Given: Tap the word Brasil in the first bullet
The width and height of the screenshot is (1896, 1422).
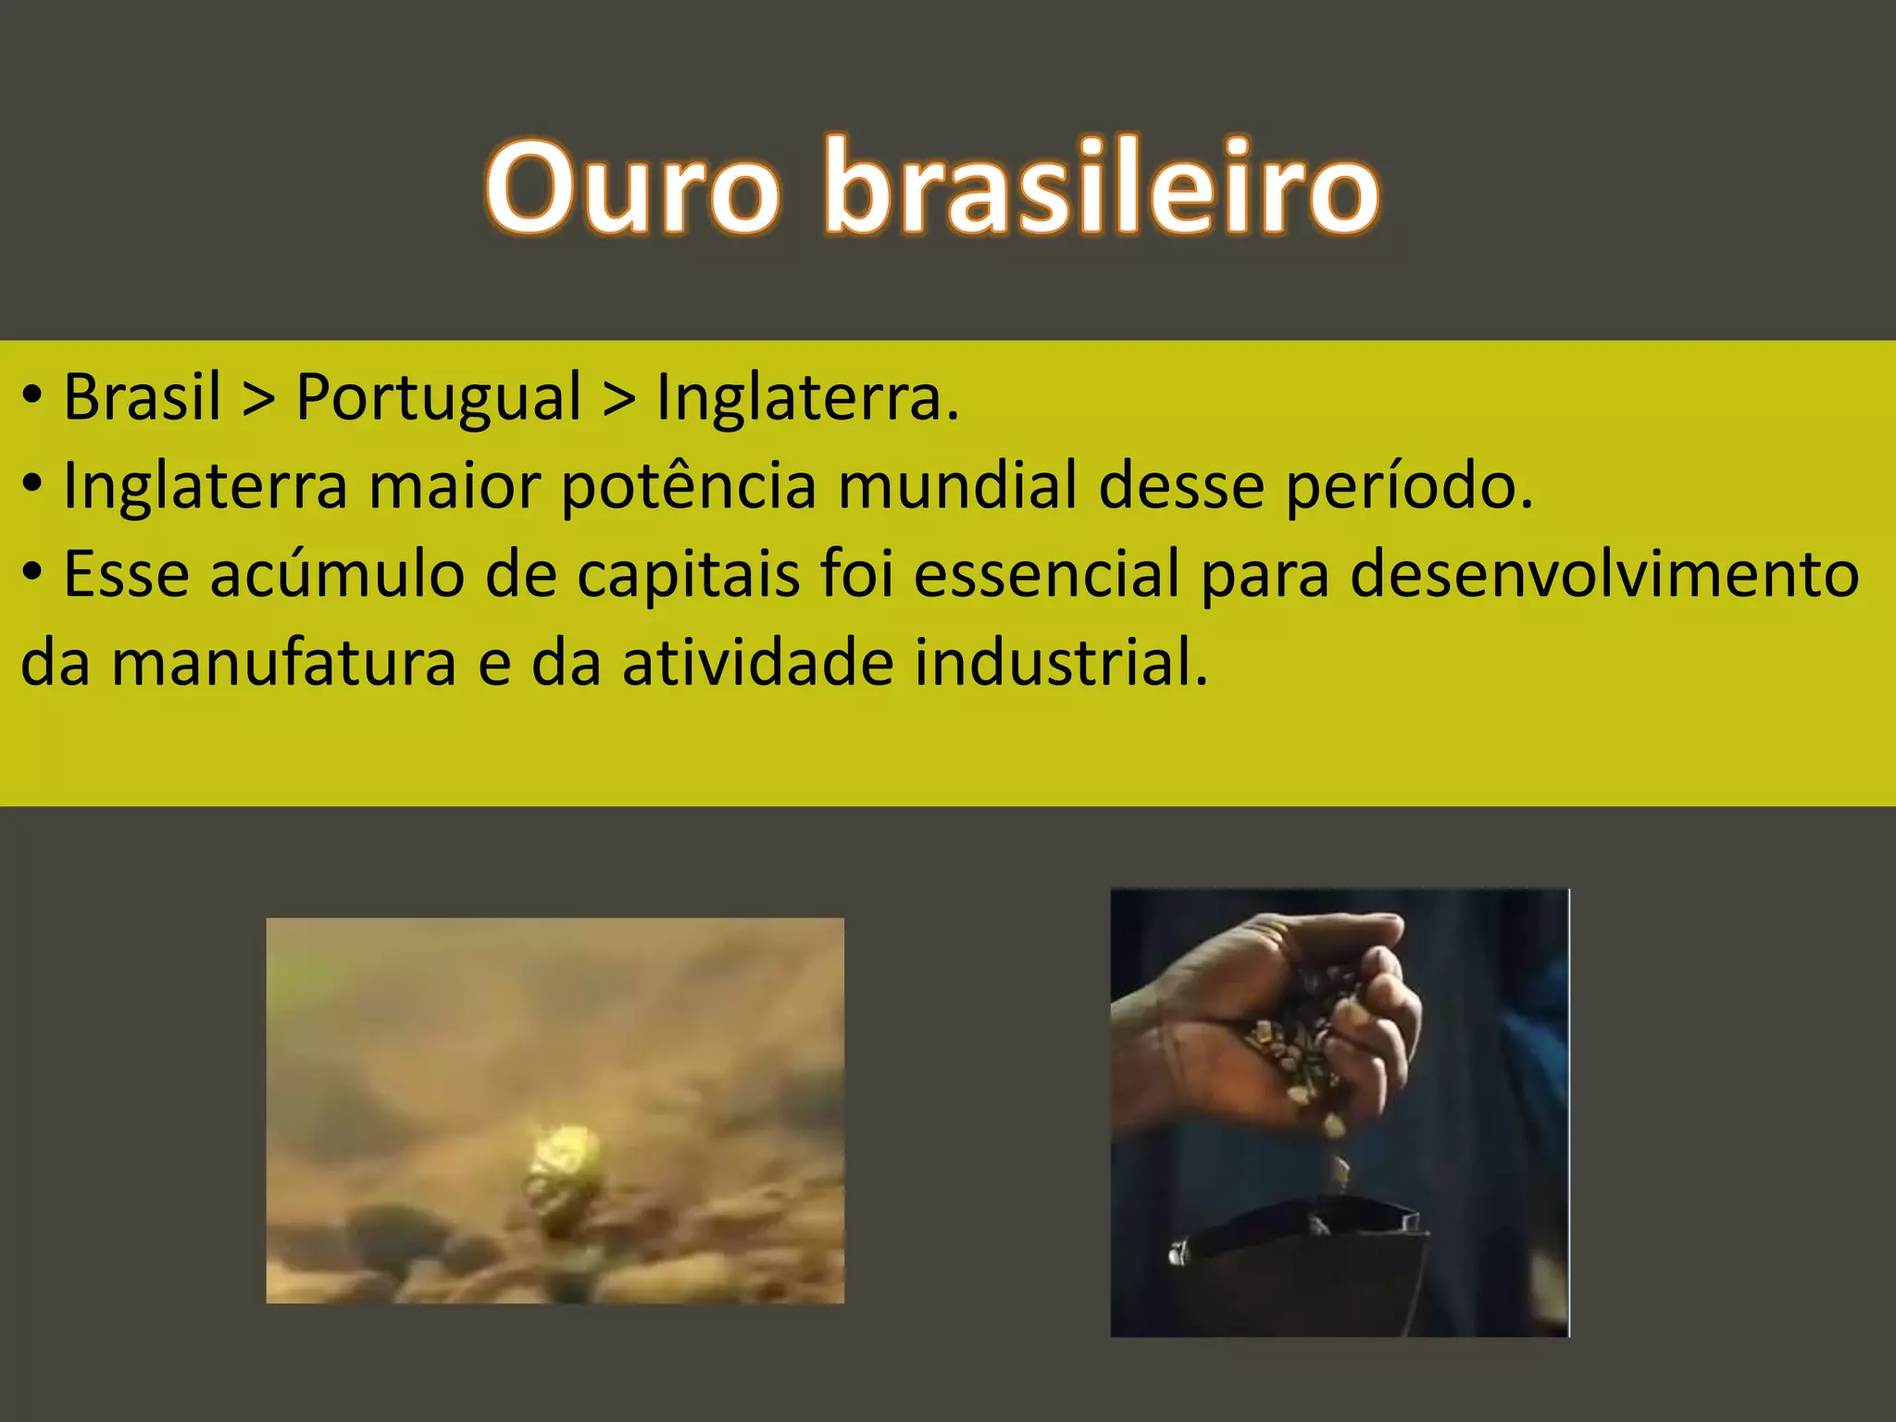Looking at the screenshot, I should click(142, 397).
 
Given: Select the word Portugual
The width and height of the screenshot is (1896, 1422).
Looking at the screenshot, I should click(439, 397).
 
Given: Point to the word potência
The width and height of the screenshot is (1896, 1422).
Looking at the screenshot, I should click(689, 486).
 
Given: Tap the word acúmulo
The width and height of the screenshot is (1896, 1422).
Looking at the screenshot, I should click(337, 574).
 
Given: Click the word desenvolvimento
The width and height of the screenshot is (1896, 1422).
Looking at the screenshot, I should click(1604, 574).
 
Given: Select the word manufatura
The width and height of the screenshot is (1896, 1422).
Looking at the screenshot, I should click(284, 663).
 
